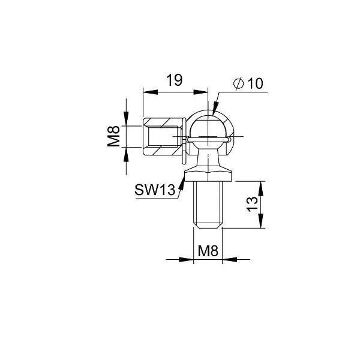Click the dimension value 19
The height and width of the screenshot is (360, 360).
point(174,80)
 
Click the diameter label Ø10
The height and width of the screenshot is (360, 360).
point(248,83)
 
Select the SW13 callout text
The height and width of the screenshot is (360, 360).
point(155,190)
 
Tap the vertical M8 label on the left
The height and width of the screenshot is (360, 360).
point(114,136)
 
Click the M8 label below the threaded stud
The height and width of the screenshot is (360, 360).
point(208,251)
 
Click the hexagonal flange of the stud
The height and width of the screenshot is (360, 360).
point(208,175)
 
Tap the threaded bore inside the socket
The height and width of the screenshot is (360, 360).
point(163,136)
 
